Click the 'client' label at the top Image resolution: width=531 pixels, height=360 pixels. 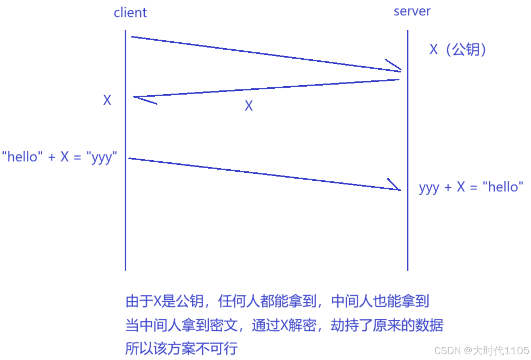coord(130,13)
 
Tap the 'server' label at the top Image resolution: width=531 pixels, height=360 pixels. coord(412,11)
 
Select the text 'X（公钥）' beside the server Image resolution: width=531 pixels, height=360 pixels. coord(458,50)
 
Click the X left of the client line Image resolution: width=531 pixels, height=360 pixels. coord(107,100)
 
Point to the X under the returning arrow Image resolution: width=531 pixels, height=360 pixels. coord(248,106)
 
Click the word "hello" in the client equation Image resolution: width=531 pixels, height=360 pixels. coord(22,157)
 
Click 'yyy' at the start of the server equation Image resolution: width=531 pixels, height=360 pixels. coord(429,188)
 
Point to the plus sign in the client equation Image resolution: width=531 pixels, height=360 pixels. coord(52,157)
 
